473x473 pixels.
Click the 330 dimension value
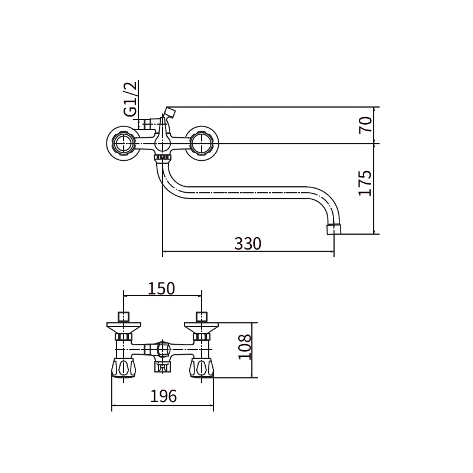click(x=248, y=244)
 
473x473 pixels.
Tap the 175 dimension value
click(x=365, y=183)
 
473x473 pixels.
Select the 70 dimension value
click(x=365, y=125)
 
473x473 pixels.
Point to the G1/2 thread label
click(x=130, y=99)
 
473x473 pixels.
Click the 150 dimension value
click(x=161, y=289)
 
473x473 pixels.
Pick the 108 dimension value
click(x=244, y=346)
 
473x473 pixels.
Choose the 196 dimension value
click(x=164, y=396)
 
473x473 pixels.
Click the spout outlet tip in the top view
click(x=334, y=229)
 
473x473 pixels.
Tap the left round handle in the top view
click(x=123, y=143)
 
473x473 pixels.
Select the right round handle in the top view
click(x=202, y=143)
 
